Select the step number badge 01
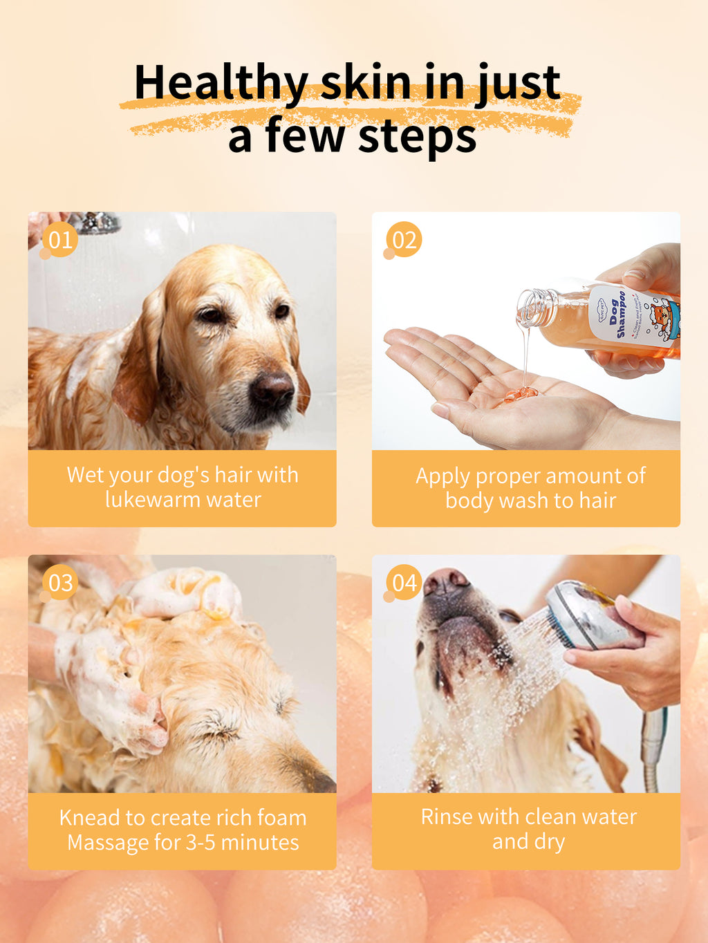tap(60, 240)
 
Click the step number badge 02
tap(404, 240)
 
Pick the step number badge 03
tap(60, 583)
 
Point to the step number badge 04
tap(404, 583)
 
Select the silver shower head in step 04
tap(588, 615)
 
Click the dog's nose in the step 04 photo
tap(446, 582)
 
